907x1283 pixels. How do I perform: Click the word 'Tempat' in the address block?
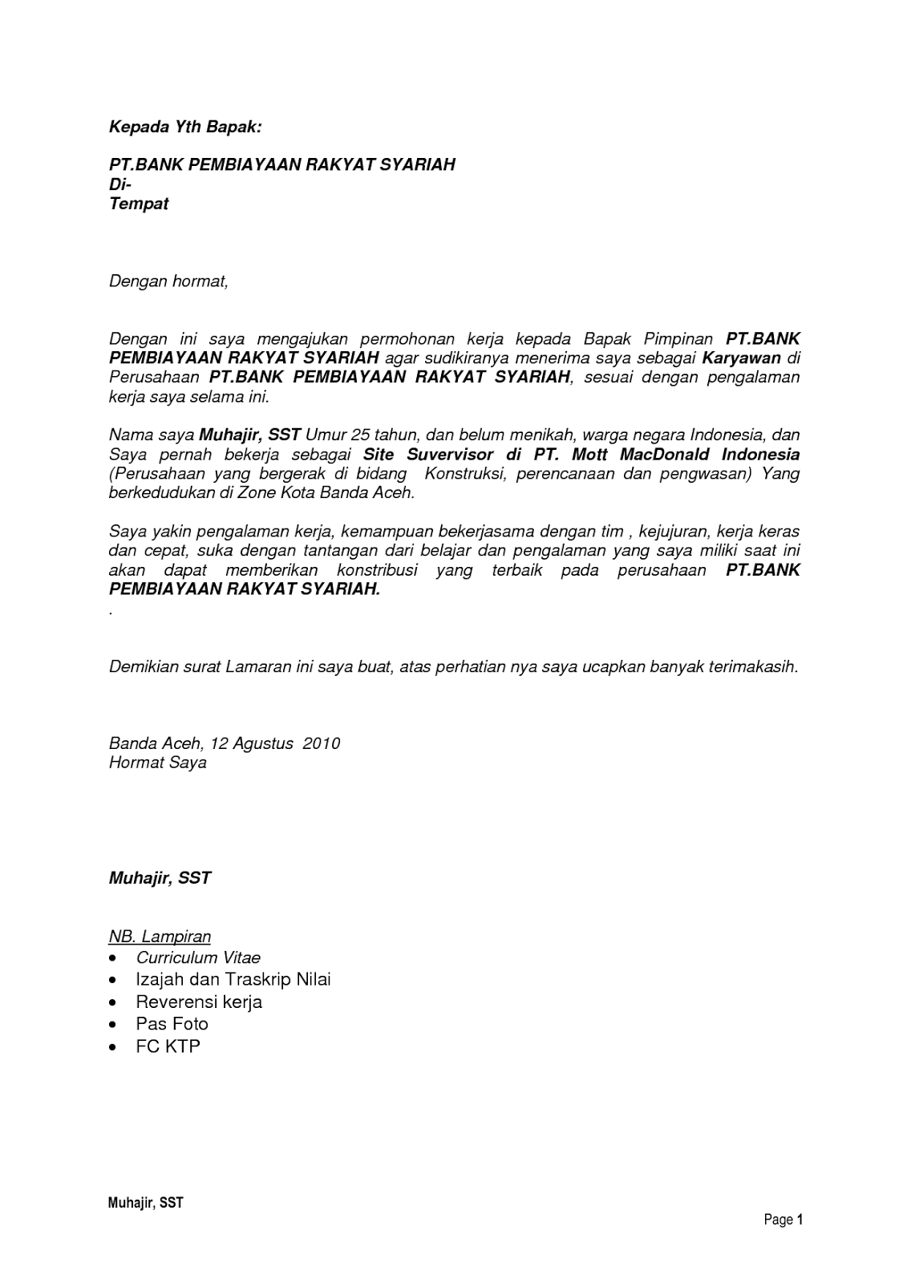click(139, 204)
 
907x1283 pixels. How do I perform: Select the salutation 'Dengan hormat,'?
click(168, 281)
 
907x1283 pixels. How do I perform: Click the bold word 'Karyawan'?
click(742, 358)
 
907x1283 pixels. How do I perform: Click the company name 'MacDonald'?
click(665, 455)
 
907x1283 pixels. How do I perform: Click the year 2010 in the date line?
click(321, 743)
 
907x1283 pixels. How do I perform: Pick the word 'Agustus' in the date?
click(263, 743)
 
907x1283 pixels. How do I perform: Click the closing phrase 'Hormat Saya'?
click(158, 763)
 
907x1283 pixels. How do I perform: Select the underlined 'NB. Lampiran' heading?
click(160, 937)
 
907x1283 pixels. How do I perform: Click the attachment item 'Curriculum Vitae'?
click(198, 957)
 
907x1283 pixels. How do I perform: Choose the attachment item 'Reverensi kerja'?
click(199, 1002)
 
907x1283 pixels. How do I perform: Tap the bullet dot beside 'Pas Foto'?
click(116, 1025)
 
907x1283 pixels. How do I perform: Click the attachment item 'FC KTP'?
click(168, 1046)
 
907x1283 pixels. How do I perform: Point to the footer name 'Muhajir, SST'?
click(146, 1203)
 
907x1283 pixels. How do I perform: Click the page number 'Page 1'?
click(783, 1220)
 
